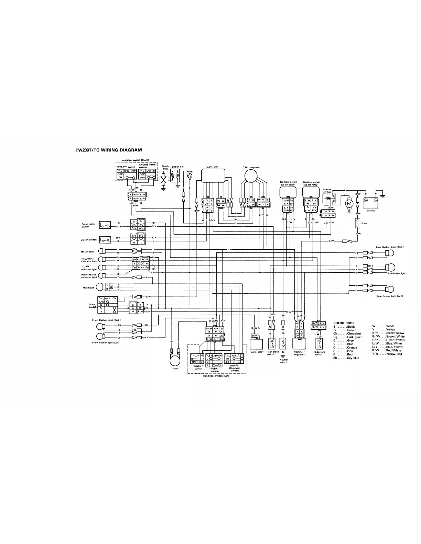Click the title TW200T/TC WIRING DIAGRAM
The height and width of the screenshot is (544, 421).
point(108,150)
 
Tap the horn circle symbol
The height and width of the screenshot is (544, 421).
point(175,361)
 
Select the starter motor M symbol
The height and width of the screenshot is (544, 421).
point(349,204)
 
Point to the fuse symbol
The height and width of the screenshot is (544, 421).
point(358,223)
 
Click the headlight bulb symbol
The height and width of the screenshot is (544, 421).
point(99,287)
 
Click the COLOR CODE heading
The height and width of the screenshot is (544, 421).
point(344,323)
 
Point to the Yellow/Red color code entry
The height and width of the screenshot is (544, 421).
point(387,354)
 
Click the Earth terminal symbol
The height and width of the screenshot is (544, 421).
point(190,177)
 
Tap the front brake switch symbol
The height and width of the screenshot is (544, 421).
point(105,225)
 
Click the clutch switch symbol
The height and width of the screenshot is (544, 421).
point(105,240)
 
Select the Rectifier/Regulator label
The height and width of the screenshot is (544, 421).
point(299,353)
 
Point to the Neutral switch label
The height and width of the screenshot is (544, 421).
point(283,361)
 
